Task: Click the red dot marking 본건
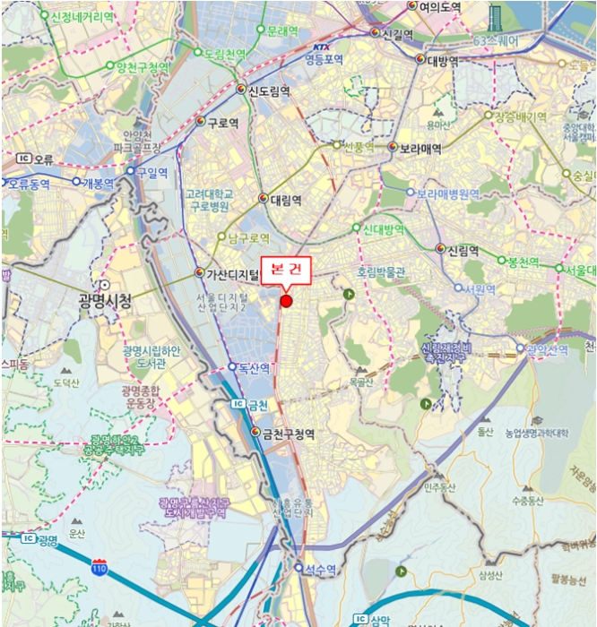[x=286, y=301]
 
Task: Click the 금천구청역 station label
[x=288, y=434]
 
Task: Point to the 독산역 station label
[x=255, y=367]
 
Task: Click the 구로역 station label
[x=222, y=123]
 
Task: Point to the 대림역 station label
[x=286, y=199]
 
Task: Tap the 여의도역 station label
[x=439, y=6]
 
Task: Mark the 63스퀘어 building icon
[x=496, y=16]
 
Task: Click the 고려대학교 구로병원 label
[x=209, y=201]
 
